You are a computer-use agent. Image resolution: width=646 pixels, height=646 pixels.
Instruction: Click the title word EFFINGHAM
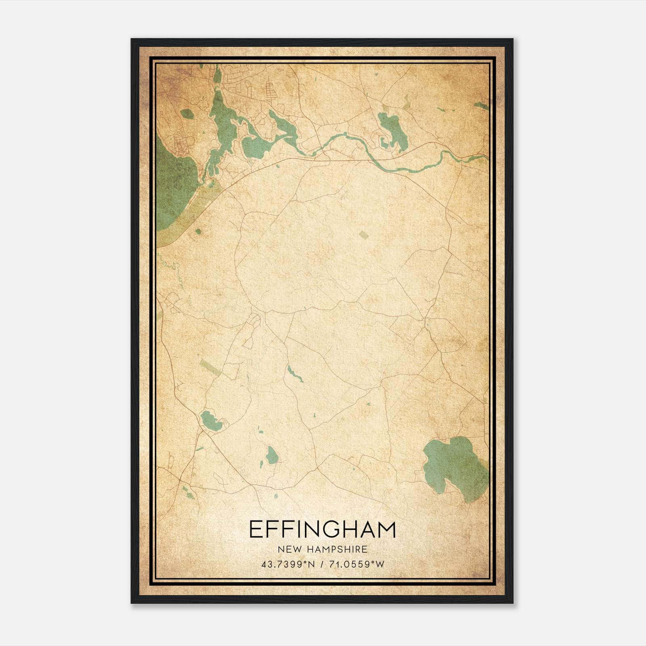(x=322, y=529)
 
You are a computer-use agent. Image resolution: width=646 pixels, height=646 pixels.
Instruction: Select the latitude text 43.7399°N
(x=287, y=564)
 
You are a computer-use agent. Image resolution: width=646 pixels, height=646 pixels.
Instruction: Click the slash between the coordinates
(x=322, y=564)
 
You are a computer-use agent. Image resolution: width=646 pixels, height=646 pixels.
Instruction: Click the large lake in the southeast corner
(x=454, y=468)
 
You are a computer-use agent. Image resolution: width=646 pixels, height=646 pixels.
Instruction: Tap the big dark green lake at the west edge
(x=172, y=186)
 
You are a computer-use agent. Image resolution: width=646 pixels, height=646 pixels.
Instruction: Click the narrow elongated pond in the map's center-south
(x=294, y=373)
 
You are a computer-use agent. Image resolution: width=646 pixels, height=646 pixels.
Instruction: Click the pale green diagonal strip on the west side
(x=210, y=367)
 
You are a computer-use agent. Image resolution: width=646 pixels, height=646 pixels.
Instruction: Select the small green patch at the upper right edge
(x=481, y=106)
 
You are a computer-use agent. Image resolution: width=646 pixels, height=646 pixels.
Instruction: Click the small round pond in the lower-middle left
(x=271, y=455)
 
